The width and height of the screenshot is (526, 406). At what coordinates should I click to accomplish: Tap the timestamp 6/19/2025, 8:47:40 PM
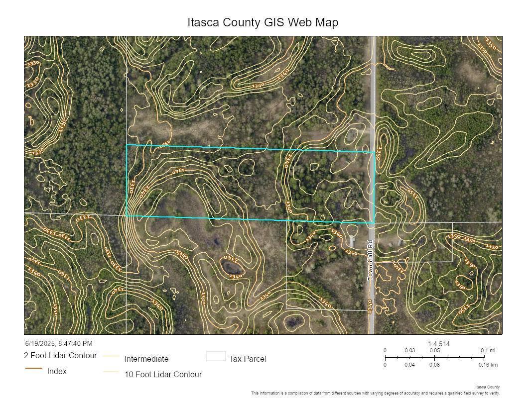coord(59,343)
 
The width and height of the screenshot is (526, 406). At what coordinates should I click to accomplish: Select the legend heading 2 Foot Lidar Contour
coord(60,355)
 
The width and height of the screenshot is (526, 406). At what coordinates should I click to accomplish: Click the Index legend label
coord(57,371)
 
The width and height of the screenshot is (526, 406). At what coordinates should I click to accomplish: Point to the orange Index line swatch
coord(33,368)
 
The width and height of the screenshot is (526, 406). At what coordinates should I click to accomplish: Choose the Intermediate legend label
coord(146,359)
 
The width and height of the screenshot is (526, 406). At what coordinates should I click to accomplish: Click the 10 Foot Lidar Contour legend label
coord(163,374)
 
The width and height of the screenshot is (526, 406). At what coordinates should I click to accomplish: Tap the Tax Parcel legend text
coord(248,359)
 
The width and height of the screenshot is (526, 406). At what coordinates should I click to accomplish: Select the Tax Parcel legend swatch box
coord(216,356)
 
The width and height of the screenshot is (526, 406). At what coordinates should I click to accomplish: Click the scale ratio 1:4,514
coord(439,344)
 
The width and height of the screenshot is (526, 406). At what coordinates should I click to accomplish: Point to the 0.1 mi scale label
coord(488,350)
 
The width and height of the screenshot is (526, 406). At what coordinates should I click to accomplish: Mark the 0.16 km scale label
coord(488,365)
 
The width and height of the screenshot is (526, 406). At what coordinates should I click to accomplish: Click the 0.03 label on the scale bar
coord(410,350)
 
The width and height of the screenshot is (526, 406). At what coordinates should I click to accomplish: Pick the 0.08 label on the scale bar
coord(435,365)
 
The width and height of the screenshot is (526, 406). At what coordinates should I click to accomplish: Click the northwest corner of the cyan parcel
coord(127,145)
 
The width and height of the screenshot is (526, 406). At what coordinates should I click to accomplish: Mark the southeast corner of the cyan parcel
coord(374,222)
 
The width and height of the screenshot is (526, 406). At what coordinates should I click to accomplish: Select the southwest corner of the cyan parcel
coord(127,215)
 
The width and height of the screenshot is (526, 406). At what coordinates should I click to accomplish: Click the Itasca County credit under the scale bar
coord(487,387)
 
